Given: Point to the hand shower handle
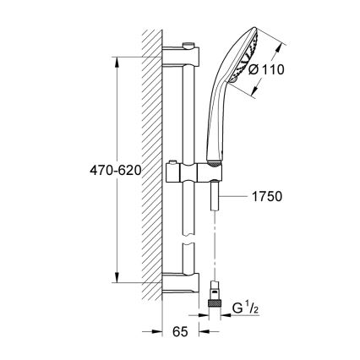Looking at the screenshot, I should pos(214,127).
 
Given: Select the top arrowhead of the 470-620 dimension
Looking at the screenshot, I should pos(117,60).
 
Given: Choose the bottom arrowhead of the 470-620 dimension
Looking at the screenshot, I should pos(117,277).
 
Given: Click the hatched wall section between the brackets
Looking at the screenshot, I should pos(152,169).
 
